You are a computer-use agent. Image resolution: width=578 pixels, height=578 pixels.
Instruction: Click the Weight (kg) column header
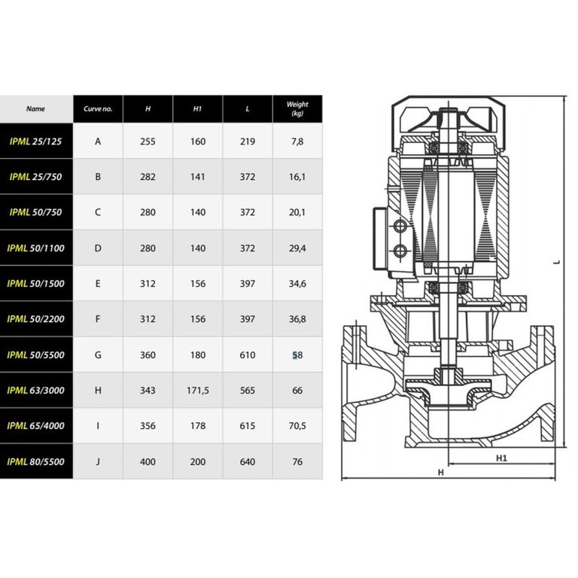point(297,108)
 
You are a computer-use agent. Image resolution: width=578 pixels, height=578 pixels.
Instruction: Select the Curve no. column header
point(98,108)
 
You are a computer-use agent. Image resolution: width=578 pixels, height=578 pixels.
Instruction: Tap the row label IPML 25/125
point(36,141)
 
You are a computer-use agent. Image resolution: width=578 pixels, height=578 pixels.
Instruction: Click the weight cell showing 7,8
point(297,141)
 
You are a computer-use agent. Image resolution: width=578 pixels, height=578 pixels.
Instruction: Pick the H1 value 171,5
point(198,391)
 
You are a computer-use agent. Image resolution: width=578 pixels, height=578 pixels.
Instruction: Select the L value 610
point(248,355)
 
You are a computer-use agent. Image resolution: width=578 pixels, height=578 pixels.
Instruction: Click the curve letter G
point(98,355)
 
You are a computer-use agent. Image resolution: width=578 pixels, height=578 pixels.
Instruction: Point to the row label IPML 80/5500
point(36,461)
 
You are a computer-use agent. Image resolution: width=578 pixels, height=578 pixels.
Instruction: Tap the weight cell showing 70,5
point(297,426)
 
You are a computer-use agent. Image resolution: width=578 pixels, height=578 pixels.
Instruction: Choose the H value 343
point(148,391)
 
